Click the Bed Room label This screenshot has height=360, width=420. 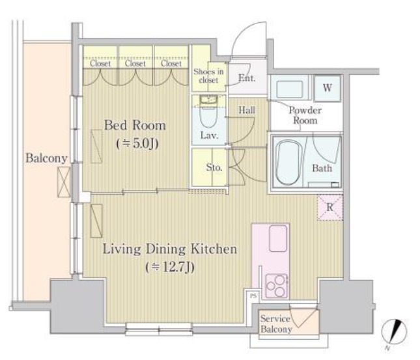click(135, 126)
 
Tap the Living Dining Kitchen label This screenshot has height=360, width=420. click(170, 249)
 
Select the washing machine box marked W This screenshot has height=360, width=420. click(328, 88)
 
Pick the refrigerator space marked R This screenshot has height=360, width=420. click(329, 207)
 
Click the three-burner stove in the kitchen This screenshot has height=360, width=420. click(277, 286)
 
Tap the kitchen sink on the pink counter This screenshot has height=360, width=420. click(278, 238)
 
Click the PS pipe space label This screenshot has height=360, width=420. click(253, 296)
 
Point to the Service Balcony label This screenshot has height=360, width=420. click(276, 324)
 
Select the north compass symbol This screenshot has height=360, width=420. click(394, 332)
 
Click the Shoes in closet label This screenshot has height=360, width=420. click(208, 76)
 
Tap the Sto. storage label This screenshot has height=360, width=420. click(214, 167)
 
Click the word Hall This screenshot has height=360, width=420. click(247, 110)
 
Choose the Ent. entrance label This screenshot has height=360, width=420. click(247, 78)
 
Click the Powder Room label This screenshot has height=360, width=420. click(305, 115)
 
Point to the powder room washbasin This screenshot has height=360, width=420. click(289, 89)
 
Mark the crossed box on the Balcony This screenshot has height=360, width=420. click(64, 182)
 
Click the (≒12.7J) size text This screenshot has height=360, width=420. click(170, 267)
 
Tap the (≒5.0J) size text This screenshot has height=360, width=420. click(137, 144)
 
